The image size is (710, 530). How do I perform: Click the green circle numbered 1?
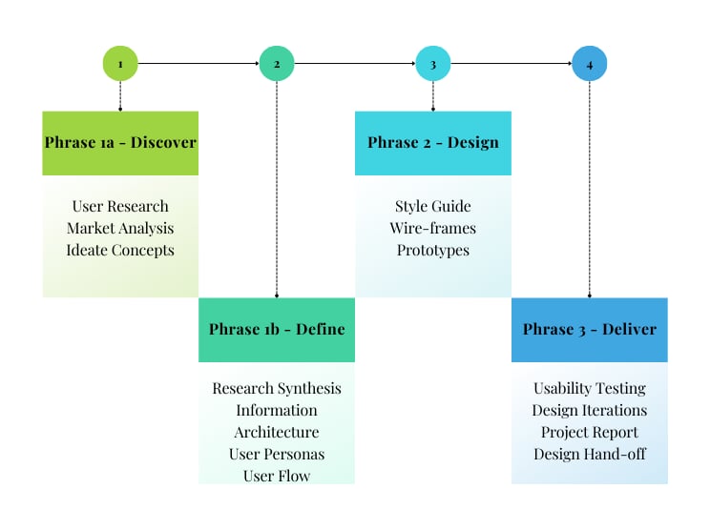pyautogui.click(x=120, y=63)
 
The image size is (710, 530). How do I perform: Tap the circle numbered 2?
pyautogui.click(x=277, y=63)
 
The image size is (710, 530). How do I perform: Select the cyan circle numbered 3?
pyautogui.click(x=433, y=63)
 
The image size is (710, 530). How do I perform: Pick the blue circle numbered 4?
pyautogui.click(x=590, y=63)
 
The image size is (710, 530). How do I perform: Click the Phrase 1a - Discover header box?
pyautogui.click(x=120, y=143)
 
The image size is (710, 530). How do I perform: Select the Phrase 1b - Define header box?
pyautogui.click(x=277, y=330)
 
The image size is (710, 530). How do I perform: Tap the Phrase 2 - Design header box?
pyautogui.click(x=433, y=143)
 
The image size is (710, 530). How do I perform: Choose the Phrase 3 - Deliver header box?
pyautogui.click(x=590, y=330)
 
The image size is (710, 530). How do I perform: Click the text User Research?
pyautogui.click(x=120, y=206)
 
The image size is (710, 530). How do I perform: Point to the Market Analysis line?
pyautogui.click(x=120, y=229)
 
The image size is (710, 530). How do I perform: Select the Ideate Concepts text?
pyautogui.click(x=120, y=250)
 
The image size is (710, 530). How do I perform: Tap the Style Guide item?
pyautogui.click(x=433, y=206)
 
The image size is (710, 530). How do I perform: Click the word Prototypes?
pyautogui.click(x=433, y=250)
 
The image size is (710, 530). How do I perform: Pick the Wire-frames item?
pyautogui.click(x=433, y=228)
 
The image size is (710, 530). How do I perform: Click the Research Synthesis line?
pyautogui.click(x=277, y=389)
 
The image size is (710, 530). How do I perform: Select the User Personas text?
pyautogui.click(x=277, y=454)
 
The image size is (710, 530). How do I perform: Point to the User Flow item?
pyautogui.click(x=277, y=476)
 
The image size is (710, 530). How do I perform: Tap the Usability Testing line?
pyautogui.click(x=590, y=389)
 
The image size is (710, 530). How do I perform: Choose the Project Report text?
pyautogui.click(x=590, y=433)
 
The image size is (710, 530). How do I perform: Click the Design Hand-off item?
pyautogui.click(x=590, y=454)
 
